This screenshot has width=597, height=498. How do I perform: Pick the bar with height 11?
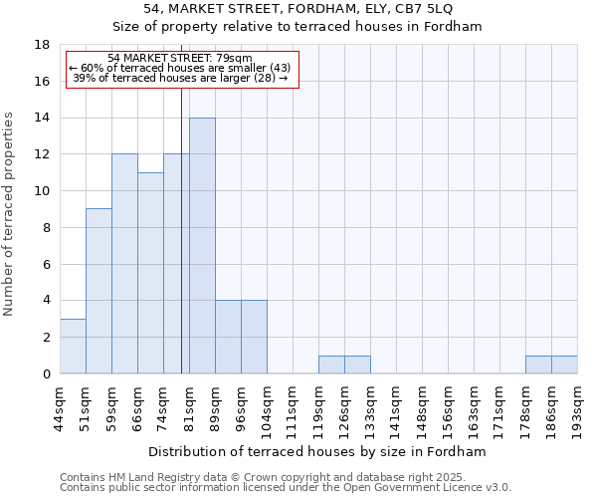click(150, 273)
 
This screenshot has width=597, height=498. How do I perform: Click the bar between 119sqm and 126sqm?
click(331, 365)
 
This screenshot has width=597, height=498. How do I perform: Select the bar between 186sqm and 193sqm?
click(564, 365)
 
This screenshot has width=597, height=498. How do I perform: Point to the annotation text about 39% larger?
click(180, 78)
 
